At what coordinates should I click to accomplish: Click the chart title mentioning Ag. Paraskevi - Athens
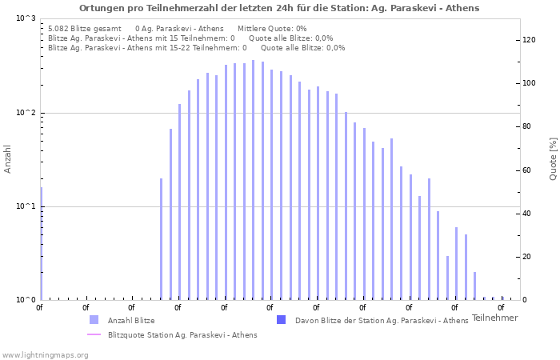point(279,8)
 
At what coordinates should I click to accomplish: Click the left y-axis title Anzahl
point(8,159)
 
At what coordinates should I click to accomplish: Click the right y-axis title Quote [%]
point(553,158)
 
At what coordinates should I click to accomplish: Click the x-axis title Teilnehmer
point(494,318)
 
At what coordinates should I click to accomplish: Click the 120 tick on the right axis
point(530,40)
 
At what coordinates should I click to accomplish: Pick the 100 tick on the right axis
point(530,83)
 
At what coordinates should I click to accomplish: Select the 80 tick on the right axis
point(528,126)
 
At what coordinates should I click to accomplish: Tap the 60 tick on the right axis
point(528,170)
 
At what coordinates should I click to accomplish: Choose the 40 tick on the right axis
point(528,214)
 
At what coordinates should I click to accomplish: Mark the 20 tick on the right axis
point(528,257)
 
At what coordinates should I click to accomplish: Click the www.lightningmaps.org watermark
point(46,354)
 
